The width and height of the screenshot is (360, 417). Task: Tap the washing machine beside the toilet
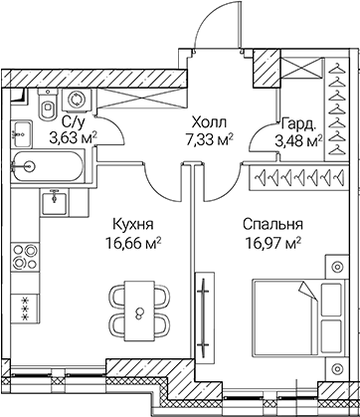(x=74, y=100)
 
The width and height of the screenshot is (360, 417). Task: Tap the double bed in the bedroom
(x=298, y=313)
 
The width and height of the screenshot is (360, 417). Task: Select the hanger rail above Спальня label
(x=296, y=181)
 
